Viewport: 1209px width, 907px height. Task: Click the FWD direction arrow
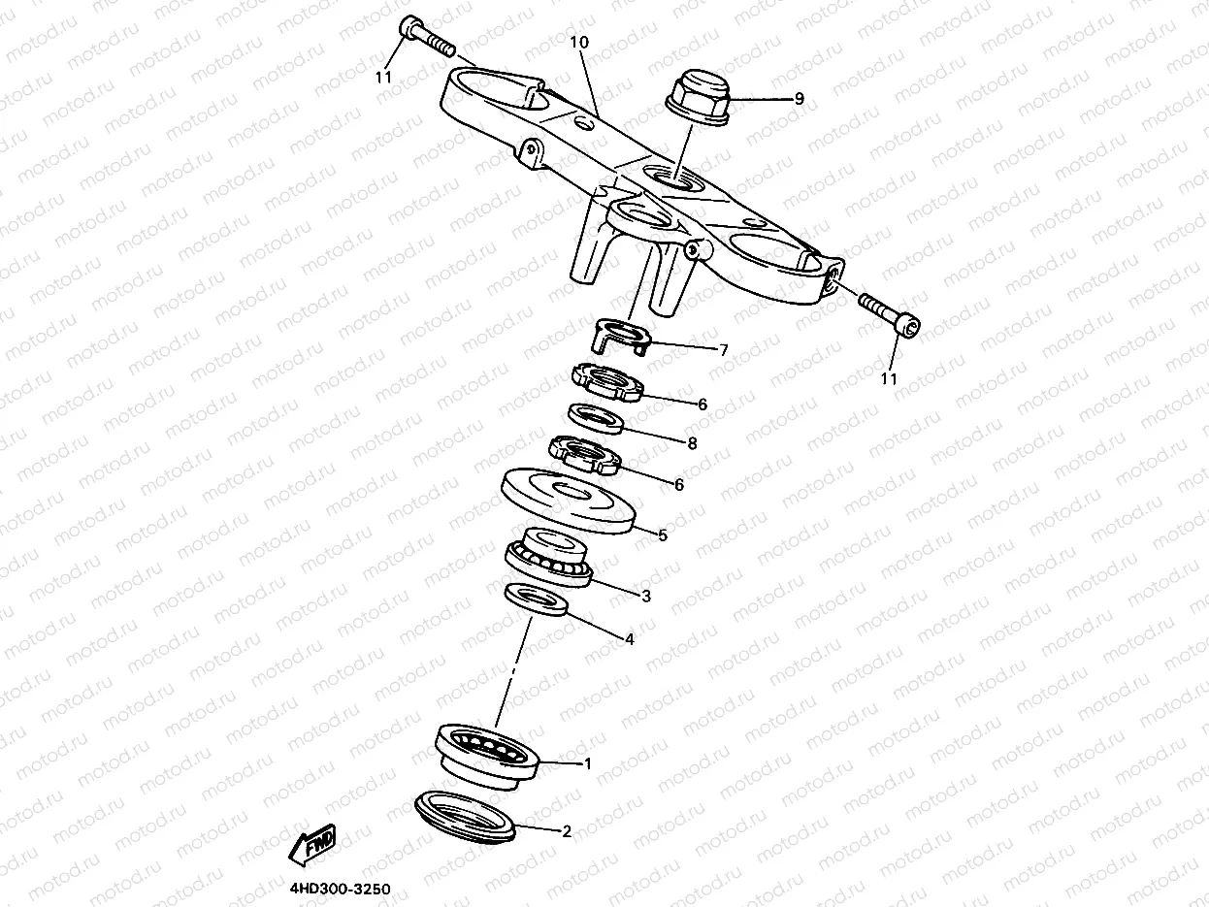[x=312, y=844]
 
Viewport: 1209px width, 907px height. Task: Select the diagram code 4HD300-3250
[x=341, y=889]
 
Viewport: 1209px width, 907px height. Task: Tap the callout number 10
[x=579, y=42]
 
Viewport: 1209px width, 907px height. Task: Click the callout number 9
[x=799, y=99]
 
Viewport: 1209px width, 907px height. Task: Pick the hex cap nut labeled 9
[x=698, y=97]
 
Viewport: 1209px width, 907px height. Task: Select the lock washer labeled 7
[x=622, y=336]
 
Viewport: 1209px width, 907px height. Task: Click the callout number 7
[x=724, y=349]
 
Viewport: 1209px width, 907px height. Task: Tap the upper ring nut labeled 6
[x=608, y=382]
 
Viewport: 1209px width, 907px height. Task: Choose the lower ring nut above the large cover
[x=584, y=454]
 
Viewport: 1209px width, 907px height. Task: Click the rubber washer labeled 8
[x=596, y=418]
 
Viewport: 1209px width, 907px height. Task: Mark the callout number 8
[x=693, y=443]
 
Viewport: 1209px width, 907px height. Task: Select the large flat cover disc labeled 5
[x=569, y=501]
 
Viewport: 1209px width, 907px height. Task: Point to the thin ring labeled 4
[x=537, y=600]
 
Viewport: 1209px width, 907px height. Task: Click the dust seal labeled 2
[x=466, y=817]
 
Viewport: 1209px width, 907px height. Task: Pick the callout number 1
[x=588, y=763]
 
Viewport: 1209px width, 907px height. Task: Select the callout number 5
[x=663, y=534]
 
